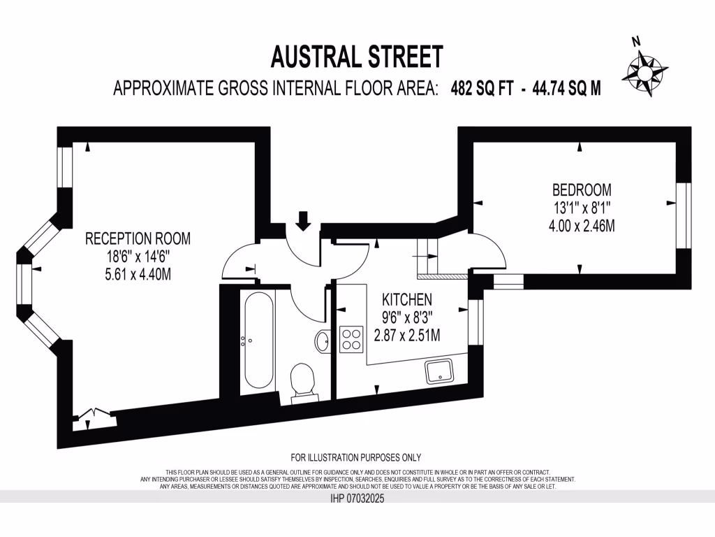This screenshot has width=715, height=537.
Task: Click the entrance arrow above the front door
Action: point(303,220)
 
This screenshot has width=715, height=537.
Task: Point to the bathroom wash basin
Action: point(323,342)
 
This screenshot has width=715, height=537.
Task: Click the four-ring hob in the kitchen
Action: point(351,339)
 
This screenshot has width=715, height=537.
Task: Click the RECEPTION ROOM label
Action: point(138,238)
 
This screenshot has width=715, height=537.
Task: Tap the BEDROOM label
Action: point(582,189)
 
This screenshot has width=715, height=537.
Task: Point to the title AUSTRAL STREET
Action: point(357,56)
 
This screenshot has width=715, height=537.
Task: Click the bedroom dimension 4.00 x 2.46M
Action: point(582,226)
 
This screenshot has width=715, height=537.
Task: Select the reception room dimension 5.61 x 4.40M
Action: point(138,274)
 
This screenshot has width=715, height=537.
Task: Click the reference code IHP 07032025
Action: point(356,499)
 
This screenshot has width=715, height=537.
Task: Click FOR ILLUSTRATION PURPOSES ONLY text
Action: point(356,458)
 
